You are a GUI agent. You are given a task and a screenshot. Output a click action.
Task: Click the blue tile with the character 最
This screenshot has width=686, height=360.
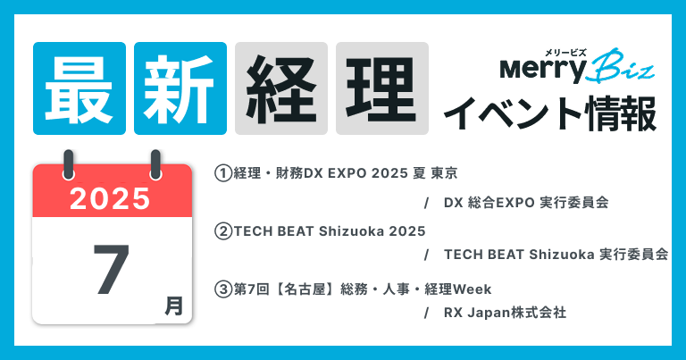click(x=79, y=88)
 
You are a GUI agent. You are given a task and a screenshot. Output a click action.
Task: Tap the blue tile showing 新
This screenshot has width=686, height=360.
click(x=180, y=88)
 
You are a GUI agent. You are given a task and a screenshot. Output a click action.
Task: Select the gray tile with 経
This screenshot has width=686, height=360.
click(x=281, y=88)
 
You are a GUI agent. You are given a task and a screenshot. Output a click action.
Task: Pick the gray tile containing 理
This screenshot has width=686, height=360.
click(x=382, y=88)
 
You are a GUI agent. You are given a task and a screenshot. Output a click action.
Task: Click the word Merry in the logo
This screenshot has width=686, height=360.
click(x=542, y=70)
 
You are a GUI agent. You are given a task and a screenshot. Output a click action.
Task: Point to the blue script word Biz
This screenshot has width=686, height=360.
click(x=621, y=65)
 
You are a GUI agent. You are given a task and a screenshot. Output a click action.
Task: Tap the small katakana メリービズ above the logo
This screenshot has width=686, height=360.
click(x=565, y=53)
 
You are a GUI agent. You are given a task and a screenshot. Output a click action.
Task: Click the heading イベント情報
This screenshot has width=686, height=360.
click(x=550, y=113)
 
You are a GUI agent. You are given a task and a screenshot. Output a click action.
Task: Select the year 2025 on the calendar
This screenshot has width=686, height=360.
click(x=110, y=198)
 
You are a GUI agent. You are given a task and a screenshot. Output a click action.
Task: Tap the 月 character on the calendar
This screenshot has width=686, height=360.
click(x=173, y=306)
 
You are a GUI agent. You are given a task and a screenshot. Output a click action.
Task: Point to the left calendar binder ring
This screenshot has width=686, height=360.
click(x=68, y=164)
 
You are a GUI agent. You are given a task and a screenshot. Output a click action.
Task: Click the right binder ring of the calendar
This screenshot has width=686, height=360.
click(x=155, y=164)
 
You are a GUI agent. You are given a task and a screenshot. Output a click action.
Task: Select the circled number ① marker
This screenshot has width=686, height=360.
click(x=223, y=173)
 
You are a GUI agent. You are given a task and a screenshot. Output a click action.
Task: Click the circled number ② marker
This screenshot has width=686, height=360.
click(x=223, y=231)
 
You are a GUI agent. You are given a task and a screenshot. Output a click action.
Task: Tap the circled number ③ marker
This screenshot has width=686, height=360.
click(x=223, y=289)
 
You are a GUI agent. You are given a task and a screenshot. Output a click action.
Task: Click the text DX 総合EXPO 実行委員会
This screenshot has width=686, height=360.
click(x=526, y=203)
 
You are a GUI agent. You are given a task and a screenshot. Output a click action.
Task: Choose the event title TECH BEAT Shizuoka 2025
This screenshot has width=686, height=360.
click(x=330, y=231)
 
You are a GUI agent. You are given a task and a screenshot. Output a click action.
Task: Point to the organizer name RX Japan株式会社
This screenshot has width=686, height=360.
click(x=505, y=313)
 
